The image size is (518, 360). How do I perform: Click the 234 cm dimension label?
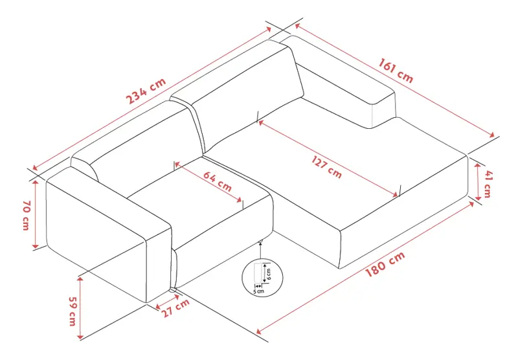point(146,91)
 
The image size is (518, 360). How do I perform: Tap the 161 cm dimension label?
point(396,71)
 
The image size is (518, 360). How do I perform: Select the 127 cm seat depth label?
point(326,167)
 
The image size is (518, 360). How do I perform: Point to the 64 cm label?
point(217,181)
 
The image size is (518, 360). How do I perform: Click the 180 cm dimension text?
point(385,264)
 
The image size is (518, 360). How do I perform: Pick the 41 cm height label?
point(488,183)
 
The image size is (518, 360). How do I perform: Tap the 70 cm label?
point(27,215)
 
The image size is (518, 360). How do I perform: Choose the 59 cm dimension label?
point(73,311)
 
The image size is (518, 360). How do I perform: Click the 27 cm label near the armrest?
point(175,308)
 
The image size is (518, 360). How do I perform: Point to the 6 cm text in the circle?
point(268,274)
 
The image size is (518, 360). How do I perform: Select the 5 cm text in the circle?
point(258,291)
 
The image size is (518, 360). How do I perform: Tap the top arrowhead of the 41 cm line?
point(478,166)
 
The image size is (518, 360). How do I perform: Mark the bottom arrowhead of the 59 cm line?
point(80,337)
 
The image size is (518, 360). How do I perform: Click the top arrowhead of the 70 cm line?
point(36,182)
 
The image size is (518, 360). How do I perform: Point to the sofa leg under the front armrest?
point(174,290)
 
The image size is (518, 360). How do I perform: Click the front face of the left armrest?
point(159,265)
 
